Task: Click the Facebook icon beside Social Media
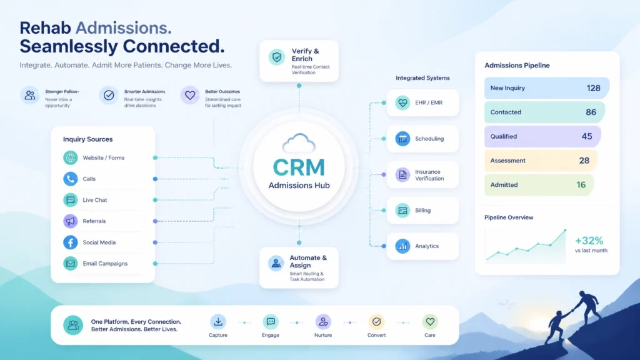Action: [x=70, y=242]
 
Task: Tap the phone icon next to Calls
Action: [x=70, y=179]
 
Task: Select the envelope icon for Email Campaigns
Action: [x=70, y=264]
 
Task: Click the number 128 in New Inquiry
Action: [x=593, y=88]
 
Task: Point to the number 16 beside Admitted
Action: [x=581, y=185]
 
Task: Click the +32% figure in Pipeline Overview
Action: [x=589, y=241]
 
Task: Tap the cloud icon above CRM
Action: [x=299, y=143]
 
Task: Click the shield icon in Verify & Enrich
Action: [x=277, y=57]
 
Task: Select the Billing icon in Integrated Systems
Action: [x=402, y=211]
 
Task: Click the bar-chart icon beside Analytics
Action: [x=402, y=246]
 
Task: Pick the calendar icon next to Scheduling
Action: [x=402, y=139]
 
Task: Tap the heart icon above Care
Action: [x=430, y=322]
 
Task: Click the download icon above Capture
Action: [x=218, y=322]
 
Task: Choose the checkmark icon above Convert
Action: [x=376, y=322]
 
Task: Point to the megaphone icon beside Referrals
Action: [x=70, y=221]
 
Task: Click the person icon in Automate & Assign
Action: [x=276, y=263]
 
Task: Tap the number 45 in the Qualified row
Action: [x=586, y=136]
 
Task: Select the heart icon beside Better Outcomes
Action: [x=190, y=96]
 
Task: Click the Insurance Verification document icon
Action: [x=402, y=175]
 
